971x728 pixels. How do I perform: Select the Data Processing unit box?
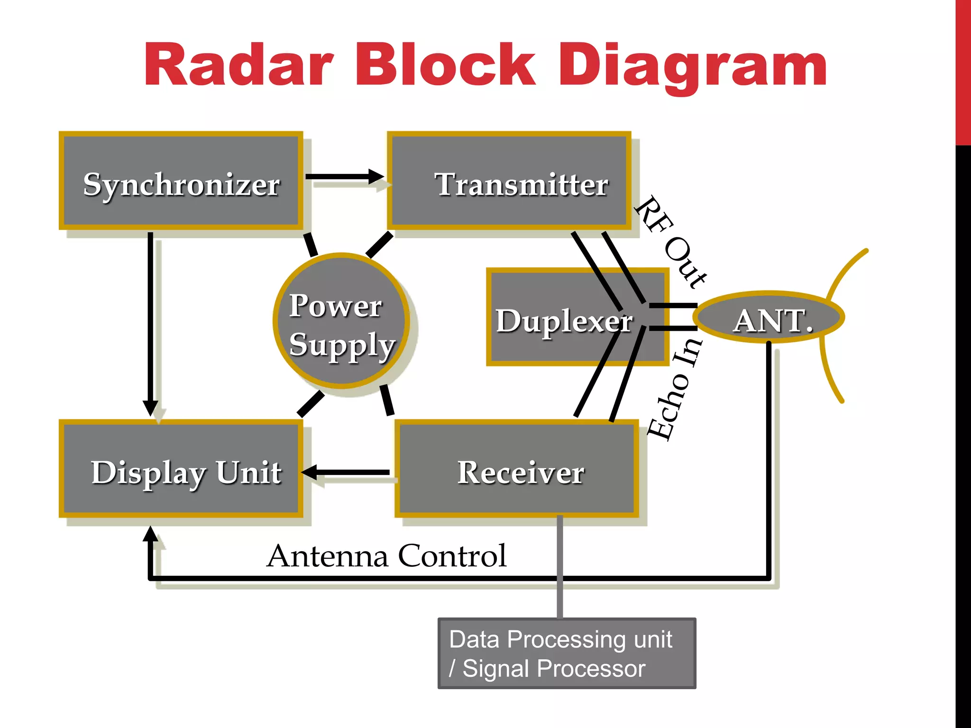567,653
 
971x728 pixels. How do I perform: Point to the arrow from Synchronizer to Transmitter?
344,177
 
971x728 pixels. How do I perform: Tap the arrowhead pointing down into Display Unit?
150,407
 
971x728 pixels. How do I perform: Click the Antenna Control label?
386,555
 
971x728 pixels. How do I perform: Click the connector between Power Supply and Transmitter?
379,245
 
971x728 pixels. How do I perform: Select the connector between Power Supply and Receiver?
387,400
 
